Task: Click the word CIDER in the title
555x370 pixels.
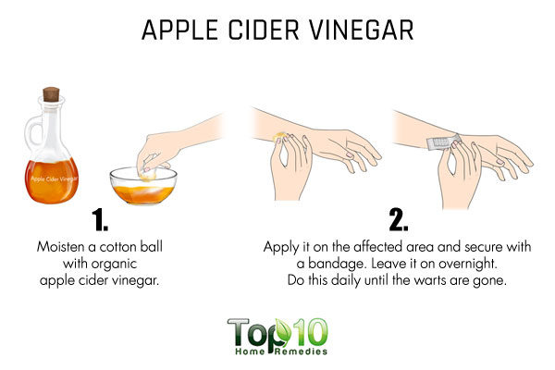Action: pos(264,31)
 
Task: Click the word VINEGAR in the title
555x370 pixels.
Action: pos(362,31)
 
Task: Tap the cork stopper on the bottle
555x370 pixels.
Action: pos(51,94)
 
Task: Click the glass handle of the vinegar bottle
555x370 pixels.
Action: pos(31,130)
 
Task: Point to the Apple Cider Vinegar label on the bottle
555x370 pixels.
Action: pos(54,179)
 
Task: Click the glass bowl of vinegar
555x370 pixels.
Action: pos(143,186)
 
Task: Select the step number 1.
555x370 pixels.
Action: pos(100,220)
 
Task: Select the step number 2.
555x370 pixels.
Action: pos(398,219)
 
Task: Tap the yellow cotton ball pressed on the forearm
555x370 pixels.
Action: pos(280,136)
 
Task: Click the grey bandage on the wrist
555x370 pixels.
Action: pos(443,142)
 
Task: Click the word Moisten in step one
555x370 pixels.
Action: pos(60,246)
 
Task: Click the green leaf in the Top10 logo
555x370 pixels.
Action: pos(283,332)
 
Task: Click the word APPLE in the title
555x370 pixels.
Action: pos(179,31)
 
